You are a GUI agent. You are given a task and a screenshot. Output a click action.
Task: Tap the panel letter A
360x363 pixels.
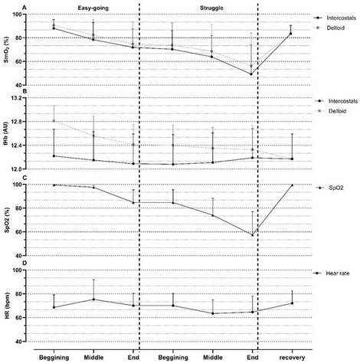click(x=5, y=7)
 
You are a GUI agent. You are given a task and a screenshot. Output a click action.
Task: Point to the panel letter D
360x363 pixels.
click(x=5, y=263)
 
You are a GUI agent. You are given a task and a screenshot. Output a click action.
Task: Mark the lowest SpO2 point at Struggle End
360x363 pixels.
click(x=251, y=235)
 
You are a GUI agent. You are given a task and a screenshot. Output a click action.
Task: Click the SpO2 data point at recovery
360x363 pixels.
click(x=291, y=185)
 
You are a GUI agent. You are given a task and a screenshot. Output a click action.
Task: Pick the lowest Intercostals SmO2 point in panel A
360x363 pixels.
click(x=251, y=74)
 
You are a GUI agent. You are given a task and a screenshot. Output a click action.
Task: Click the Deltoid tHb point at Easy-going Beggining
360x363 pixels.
click(x=53, y=121)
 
